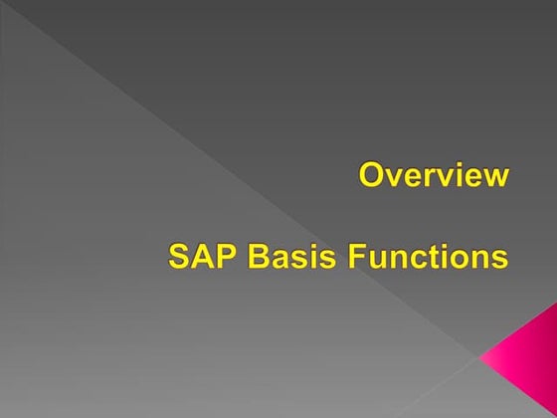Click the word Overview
point(434,176)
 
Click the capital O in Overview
point(371,176)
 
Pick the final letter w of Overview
point(497,178)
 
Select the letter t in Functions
point(439,257)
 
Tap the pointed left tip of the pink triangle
point(481,353)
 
